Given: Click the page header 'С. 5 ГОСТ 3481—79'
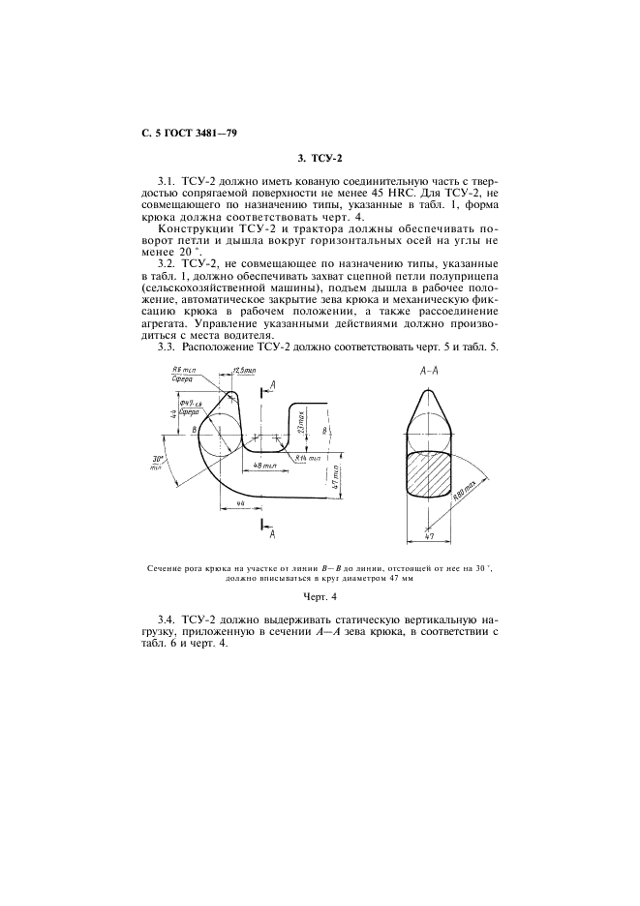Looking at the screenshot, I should click(x=183, y=132).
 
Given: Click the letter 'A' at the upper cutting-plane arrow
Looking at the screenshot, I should click(x=273, y=384).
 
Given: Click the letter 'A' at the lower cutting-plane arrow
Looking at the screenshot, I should click(x=271, y=532).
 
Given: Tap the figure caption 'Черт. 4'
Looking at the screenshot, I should click(x=320, y=596).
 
